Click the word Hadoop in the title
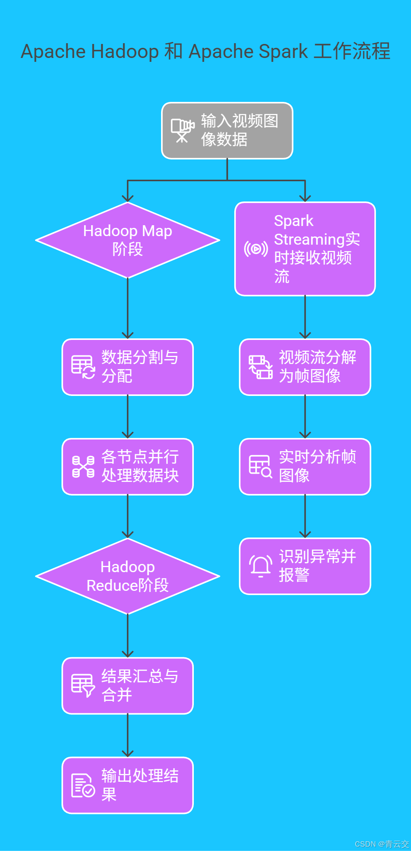125,51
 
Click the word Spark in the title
283,51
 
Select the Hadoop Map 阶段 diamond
128,240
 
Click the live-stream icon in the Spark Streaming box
256,249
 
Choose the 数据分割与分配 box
128,367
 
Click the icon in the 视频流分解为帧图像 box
260,367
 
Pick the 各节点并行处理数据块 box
128,466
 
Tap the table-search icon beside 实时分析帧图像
260,466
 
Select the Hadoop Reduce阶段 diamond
128,576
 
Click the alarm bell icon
260,566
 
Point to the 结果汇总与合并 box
128,686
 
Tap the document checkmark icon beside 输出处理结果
83,785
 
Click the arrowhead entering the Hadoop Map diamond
128,198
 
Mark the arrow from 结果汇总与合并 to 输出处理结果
128,735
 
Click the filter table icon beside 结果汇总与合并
83,686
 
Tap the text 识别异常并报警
317,566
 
